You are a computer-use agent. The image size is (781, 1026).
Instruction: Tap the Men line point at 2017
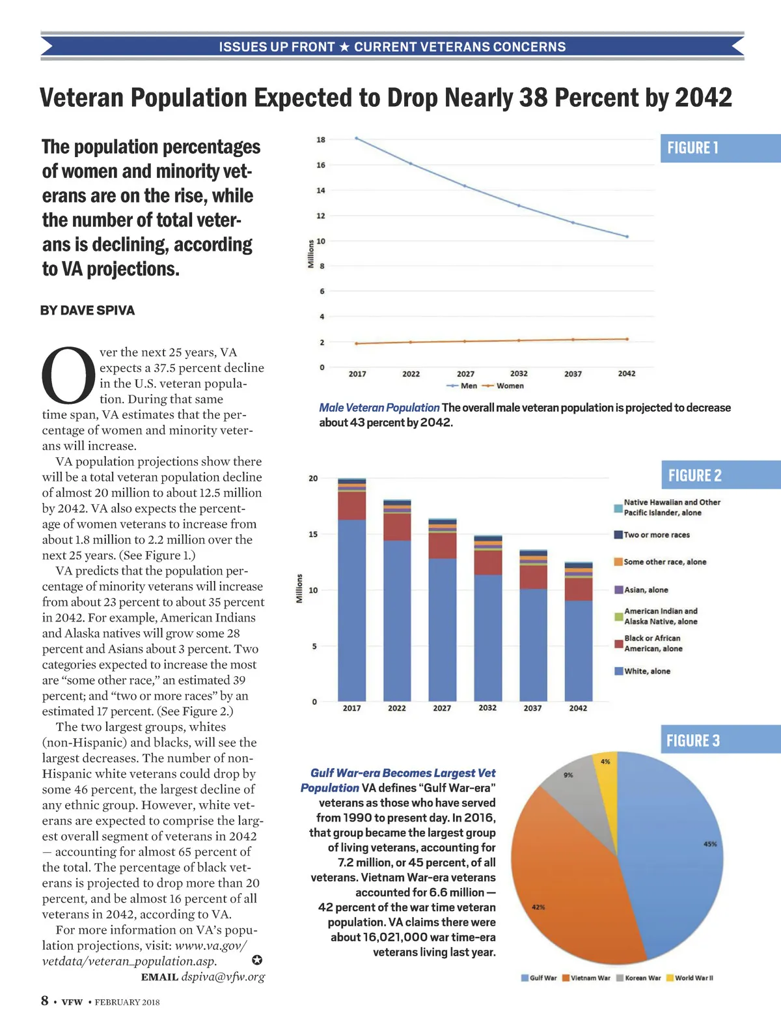[x=357, y=138]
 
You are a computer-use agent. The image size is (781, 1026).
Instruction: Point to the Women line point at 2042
[x=627, y=339]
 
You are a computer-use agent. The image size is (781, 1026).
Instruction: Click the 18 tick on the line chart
[x=321, y=140]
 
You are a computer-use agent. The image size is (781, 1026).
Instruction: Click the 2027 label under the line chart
[x=465, y=374]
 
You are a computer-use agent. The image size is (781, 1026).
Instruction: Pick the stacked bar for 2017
[x=351, y=590]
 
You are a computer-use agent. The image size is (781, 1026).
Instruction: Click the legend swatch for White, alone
[x=619, y=671]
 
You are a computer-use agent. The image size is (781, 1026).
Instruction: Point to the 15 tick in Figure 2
[x=313, y=534]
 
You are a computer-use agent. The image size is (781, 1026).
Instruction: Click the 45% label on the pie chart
[x=710, y=844]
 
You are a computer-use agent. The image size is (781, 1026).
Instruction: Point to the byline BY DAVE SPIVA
[x=87, y=311]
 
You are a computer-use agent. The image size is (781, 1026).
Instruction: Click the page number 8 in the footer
[x=45, y=1001]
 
